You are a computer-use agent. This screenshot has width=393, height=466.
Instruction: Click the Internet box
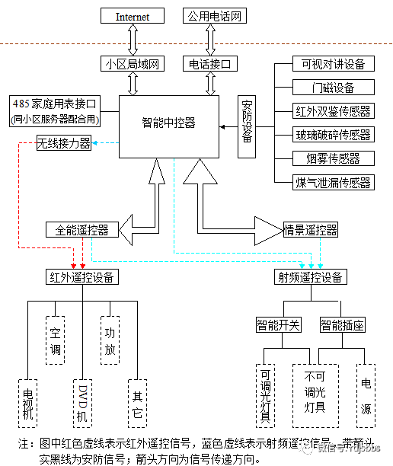tap(133, 16)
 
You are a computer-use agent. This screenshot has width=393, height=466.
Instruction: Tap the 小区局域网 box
tap(133, 64)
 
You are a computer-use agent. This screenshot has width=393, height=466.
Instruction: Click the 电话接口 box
tap(209, 64)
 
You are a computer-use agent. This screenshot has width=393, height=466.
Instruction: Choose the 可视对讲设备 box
tap(333, 64)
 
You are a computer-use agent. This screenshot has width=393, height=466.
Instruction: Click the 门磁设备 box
tap(333, 88)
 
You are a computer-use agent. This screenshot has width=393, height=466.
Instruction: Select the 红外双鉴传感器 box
tap(333, 111)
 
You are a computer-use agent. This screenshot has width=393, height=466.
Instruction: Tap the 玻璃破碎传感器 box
tap(333, 135)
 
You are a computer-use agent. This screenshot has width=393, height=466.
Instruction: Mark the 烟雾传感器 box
tap(333, 158)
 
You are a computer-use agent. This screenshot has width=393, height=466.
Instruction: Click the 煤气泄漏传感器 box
tap(333, 182)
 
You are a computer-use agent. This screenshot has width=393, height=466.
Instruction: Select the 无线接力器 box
tap(64, 142)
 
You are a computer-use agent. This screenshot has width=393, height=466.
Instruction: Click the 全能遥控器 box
tap(81, 229)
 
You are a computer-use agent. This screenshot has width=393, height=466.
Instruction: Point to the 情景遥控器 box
tap(310, 229)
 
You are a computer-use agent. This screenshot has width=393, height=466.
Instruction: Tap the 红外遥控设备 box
tap(81, 277)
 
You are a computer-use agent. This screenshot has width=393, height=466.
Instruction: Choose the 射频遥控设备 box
tap(310, 277)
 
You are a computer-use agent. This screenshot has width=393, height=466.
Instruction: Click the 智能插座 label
tap(342, 325)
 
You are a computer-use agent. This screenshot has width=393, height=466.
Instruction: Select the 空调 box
tap(55, 341)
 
